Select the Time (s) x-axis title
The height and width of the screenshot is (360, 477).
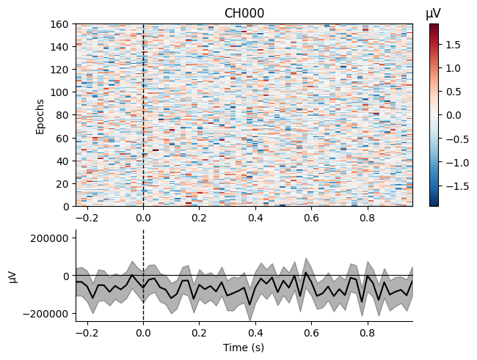click(x=244, y=348)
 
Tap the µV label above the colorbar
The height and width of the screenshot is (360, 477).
click(x=434, y=13)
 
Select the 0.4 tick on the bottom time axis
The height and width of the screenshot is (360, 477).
click(x=255, y=332)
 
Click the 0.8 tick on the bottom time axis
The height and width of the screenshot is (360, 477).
click(x=367, y=332)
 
